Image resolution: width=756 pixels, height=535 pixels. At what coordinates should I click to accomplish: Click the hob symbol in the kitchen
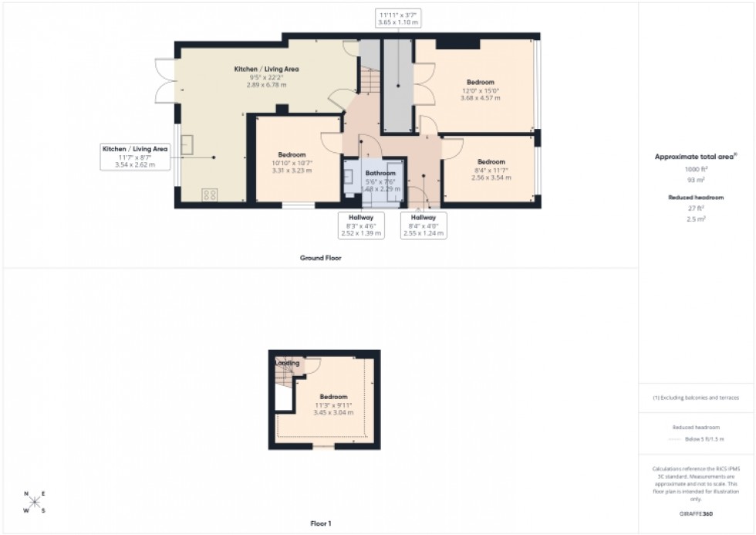tap(209, 195)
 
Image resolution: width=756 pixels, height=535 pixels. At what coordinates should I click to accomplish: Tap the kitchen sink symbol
tap(187, 148)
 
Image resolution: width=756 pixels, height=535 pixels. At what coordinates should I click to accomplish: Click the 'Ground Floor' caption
tap(320, 258)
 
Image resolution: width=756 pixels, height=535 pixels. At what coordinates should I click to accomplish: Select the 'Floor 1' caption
tap(320, 524)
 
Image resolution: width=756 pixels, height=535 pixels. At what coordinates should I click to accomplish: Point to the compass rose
tap(35, 501)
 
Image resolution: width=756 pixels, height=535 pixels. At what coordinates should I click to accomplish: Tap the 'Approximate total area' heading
tap(696, 157)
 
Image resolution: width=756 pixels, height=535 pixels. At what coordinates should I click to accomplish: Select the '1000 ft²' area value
tap(696, 169)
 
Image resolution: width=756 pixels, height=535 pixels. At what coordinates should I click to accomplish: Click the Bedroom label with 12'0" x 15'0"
tap(480, 82)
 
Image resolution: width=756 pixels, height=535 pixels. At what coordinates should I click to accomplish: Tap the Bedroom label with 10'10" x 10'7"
tap(292, 154)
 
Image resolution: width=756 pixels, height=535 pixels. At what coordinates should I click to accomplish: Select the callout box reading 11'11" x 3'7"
tap(398, 18)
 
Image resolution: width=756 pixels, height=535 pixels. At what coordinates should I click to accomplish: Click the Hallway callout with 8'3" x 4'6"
tap(361, 225)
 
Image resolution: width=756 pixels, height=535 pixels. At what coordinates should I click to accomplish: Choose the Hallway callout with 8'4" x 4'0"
tap(424, 225)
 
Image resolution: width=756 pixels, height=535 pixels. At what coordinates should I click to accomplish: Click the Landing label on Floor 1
tap(287, 363)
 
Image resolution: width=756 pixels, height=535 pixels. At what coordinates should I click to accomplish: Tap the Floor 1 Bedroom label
tap(333, 398)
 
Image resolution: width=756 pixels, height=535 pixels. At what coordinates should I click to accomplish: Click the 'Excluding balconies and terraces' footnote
tap(696, 398)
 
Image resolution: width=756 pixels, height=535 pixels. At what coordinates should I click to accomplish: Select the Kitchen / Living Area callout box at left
tap(134, 156)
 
